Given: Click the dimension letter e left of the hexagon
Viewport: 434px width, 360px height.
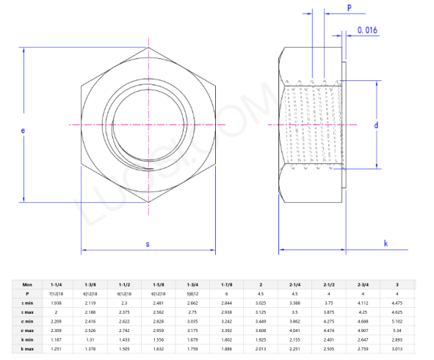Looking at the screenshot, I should point(23,130).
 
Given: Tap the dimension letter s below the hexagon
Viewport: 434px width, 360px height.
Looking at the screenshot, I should point(148,242).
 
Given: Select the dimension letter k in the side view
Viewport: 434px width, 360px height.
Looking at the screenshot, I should point(386,243).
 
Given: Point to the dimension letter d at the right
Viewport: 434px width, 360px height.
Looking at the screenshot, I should point(376,126).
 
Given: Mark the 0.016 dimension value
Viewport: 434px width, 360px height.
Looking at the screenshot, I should point(367,30).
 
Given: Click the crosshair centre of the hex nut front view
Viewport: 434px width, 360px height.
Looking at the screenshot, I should point(148,126).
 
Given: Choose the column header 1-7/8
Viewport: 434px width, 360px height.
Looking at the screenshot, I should point(227,284).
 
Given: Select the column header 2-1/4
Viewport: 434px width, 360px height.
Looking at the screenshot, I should point(294,284).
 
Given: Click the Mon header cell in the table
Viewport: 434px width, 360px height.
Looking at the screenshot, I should point(27,284).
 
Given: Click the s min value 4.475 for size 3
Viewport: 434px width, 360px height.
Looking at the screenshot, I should point(397,303).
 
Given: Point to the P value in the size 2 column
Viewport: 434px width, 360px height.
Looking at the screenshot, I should point(261,293).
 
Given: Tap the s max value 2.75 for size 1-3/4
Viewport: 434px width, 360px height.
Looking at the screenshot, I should point(192,312).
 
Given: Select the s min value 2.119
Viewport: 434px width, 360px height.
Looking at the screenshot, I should point(90,303).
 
